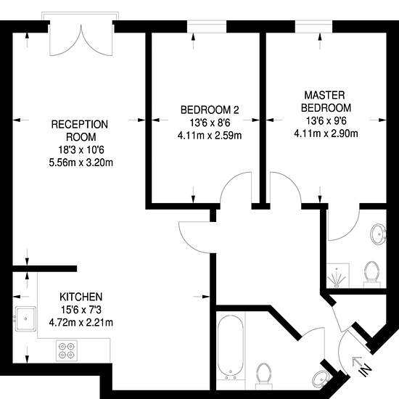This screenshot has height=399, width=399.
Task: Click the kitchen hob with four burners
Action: (67, 350)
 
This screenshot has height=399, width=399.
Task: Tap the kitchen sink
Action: (25, 318)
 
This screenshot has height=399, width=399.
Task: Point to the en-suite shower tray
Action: (337, 276)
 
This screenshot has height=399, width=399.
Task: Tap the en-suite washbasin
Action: (379, 234)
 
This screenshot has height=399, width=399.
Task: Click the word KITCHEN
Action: (81, 297)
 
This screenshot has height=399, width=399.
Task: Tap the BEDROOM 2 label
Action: (210, 110)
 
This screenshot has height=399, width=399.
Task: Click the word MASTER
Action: (324, 95)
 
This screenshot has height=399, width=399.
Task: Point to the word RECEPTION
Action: (80, 124)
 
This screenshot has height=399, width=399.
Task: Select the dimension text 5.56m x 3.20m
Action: (81, 163)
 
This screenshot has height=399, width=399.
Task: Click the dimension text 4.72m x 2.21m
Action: (81, 323)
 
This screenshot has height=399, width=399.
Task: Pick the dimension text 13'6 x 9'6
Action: (326, 120)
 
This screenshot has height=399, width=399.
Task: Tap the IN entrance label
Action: (366, 370)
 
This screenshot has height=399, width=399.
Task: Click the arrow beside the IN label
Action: (356, 361)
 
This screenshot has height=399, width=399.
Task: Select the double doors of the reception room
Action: (81, 39)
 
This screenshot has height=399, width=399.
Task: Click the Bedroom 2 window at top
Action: (207, 26)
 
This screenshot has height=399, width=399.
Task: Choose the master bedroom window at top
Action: (313, 26)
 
